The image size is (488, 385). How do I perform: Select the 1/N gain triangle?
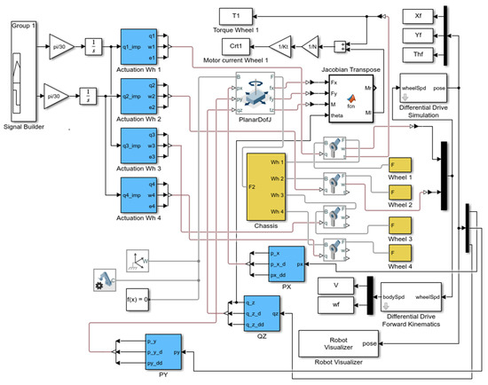tap(312, 44)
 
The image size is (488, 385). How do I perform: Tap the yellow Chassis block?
tap(265, 187)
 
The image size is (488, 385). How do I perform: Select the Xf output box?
tap(417, 15)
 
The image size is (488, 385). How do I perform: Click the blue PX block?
tap(279, 263)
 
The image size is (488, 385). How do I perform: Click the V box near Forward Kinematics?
tap(336, 285)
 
